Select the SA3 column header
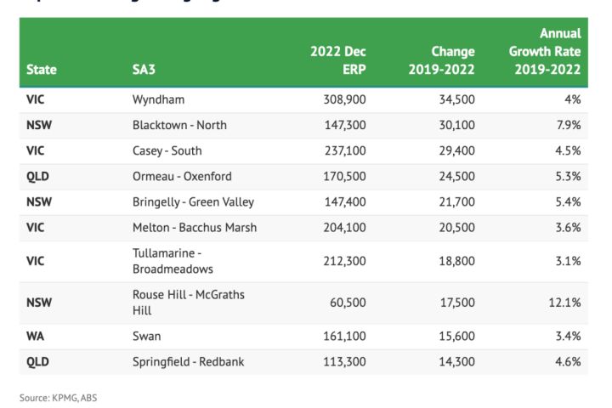coord(144,70)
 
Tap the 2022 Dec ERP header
coord(338,60)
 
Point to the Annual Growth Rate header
coord(547,51)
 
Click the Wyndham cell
coord(158,99)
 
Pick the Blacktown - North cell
coord(179,125)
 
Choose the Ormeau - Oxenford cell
coord(182,177)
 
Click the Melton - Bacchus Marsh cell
coord(195,227)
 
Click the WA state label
coord(36,336)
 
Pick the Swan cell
coord(146,336)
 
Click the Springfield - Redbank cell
coord(188,361)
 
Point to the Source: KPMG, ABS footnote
coord(59,397)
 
